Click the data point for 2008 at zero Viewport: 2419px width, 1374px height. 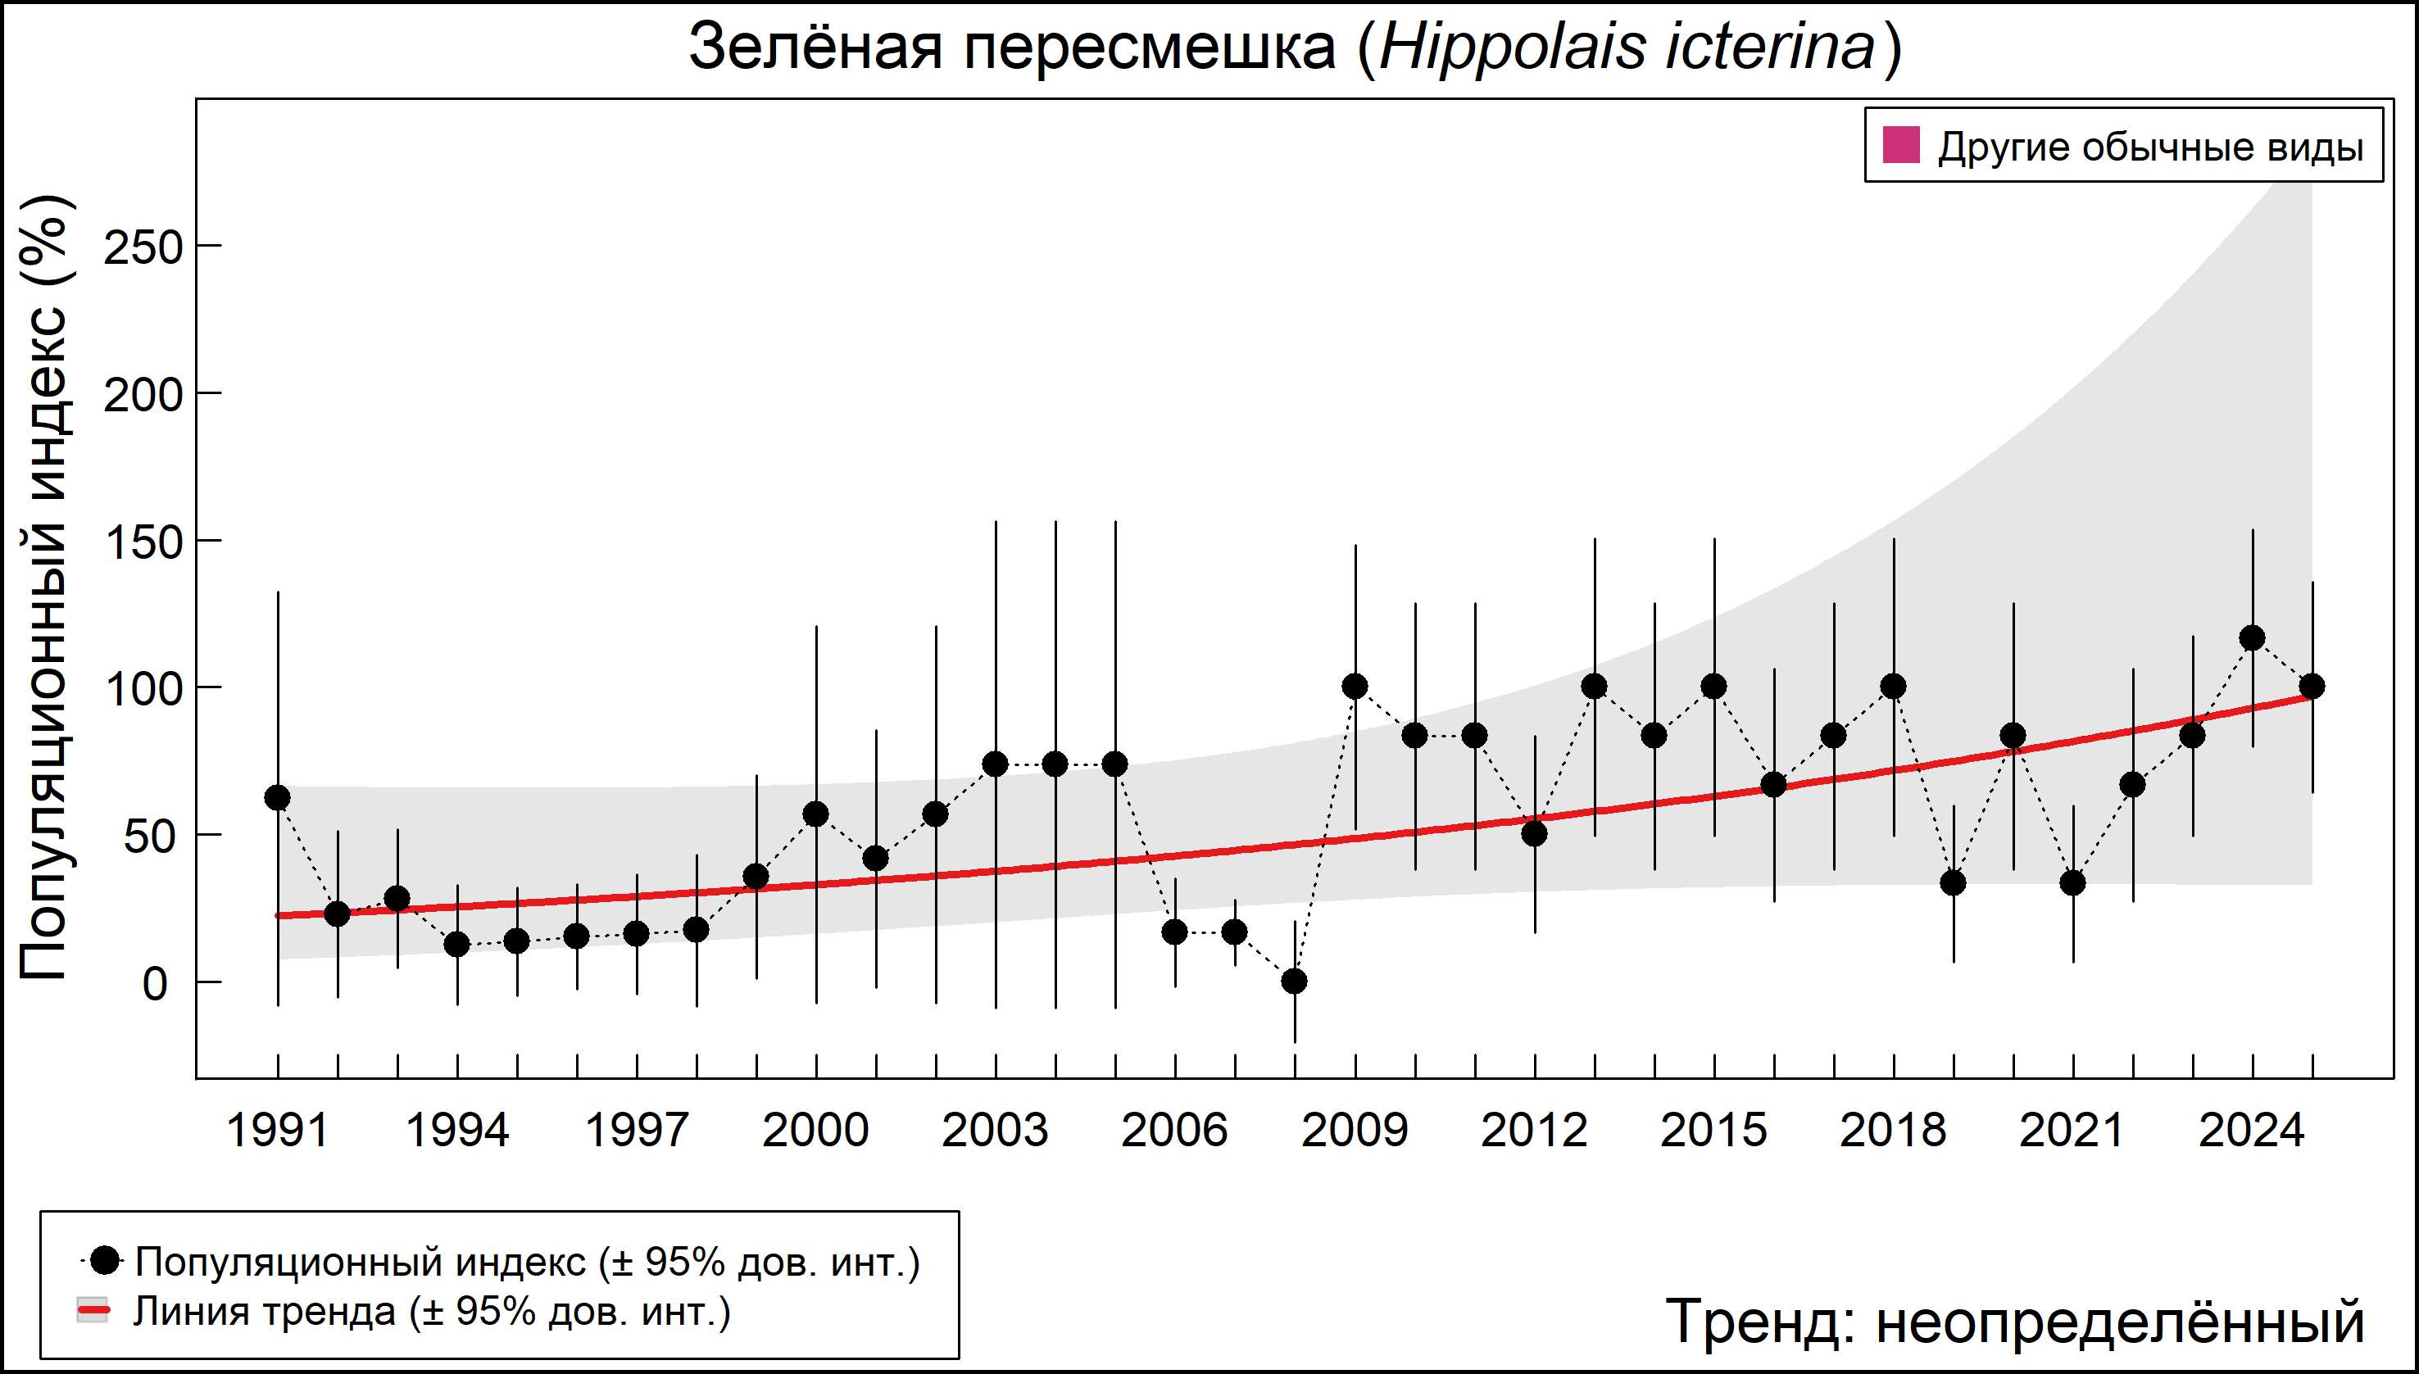1295,982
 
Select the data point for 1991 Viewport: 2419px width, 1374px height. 278,797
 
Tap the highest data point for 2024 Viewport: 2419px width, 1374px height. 2252,638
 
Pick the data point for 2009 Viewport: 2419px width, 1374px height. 1355,686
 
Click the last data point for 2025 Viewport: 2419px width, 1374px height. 2312,686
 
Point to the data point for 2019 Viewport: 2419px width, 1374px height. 1953,883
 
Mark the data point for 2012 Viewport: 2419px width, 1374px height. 1535,833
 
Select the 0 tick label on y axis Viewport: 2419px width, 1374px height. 155,984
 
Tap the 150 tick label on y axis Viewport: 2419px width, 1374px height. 143,543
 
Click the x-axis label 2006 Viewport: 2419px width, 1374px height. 1174,1131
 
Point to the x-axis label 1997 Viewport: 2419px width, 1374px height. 637,1131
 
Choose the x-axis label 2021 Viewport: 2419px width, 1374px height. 2072,1131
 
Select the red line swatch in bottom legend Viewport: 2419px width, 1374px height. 93,1311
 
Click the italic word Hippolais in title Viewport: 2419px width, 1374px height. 1512,48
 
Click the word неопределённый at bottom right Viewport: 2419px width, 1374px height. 2120,1321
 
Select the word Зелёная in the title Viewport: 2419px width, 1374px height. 815,48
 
